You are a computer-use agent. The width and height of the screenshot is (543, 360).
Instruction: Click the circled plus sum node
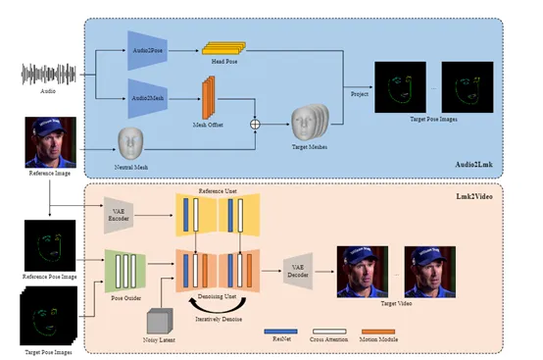[257, 125]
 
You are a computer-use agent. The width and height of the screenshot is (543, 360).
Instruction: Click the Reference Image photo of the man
[49, 138]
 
